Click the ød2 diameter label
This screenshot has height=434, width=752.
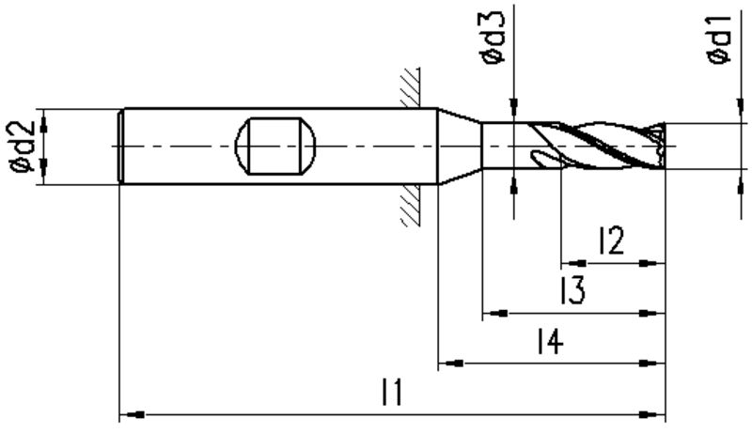tap(22, 147)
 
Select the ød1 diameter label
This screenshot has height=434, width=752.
tap(718, 39)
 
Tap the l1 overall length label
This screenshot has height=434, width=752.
tap(392, 392)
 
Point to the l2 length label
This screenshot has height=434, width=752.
tap(611, 240)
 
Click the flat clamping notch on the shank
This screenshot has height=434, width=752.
tap(275, 146)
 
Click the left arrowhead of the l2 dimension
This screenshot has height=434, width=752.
tap(574, 263)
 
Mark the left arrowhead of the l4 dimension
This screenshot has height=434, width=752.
tap(451, 364)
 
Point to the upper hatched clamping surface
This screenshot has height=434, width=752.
tap(411, 87)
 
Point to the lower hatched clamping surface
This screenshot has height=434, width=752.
tap(411, 205)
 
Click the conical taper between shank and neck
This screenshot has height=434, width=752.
tap(460, 146)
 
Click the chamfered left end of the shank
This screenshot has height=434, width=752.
tap(121, 147)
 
